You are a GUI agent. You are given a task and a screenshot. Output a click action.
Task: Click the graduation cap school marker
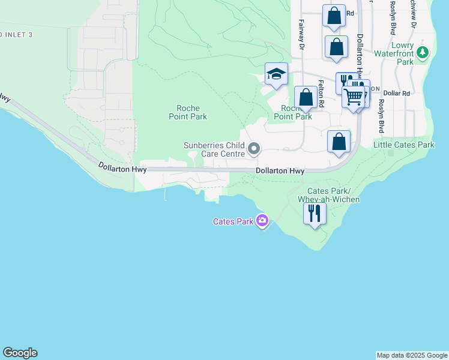pyautogui.click(x=276, y=74)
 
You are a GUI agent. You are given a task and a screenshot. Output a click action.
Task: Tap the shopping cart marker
pyautogui.click(x=354, y=96)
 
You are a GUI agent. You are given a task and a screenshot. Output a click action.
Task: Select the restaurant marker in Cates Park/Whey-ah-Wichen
pyautogui.click(x=315, y=213)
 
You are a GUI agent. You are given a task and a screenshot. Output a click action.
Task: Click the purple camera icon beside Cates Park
pyautogui.click(x=262, y=221)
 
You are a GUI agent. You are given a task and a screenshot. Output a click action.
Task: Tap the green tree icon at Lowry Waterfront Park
pyautogui.click(x=423, y=53)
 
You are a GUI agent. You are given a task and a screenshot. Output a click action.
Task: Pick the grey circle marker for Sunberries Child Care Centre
pyautogui.click(x=254, y=148)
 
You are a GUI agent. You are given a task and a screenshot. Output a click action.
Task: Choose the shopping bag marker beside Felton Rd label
pyautogui.click(x=306, y=97)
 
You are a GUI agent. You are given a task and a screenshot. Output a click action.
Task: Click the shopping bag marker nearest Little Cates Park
pyautogui.click(x=339, y=143)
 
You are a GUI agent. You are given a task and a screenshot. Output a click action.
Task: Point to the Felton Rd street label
pyautogui.click(x=322, y=94)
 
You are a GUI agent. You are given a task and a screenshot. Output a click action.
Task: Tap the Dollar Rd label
pyautogui.click(x=396, y=94)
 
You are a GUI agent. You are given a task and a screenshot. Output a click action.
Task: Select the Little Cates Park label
pyautogui.click(x=403, y=145)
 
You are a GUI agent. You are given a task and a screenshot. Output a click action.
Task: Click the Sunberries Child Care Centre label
pyautogui.click(x=214, y=149)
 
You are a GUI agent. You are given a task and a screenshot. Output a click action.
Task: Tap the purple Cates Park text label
pyautogui.click(x=233, y=221)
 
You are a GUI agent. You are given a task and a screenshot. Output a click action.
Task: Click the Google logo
pyautogui.click(x=20, y=353)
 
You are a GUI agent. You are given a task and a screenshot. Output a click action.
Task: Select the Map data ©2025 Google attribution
pyautogui.click(x=412, y=356)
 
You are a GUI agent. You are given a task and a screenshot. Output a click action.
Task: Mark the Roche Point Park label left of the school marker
pyautogui.click(x=188, y=112)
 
